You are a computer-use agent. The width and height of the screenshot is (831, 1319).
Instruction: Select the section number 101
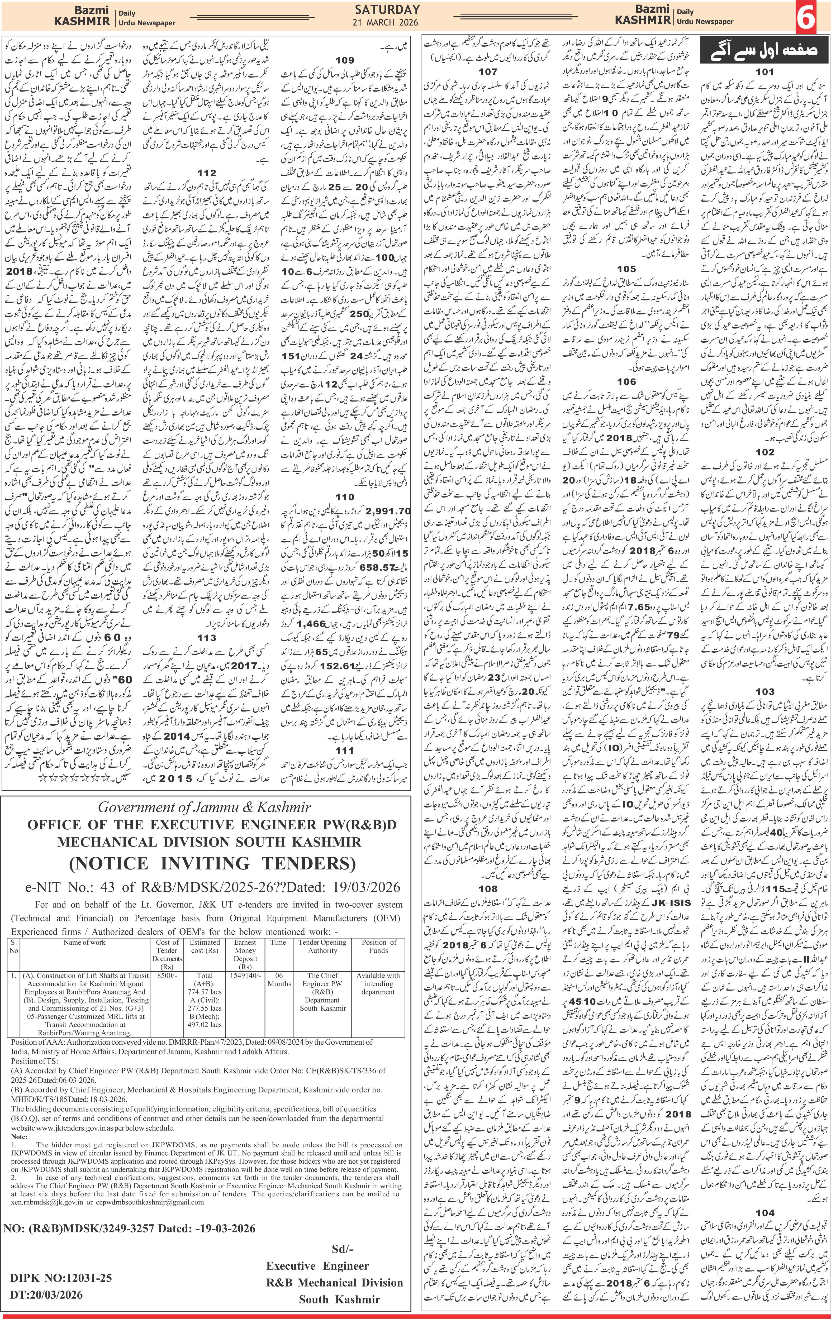point(765,72)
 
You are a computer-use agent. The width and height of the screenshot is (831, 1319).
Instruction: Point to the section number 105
point(626,269)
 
